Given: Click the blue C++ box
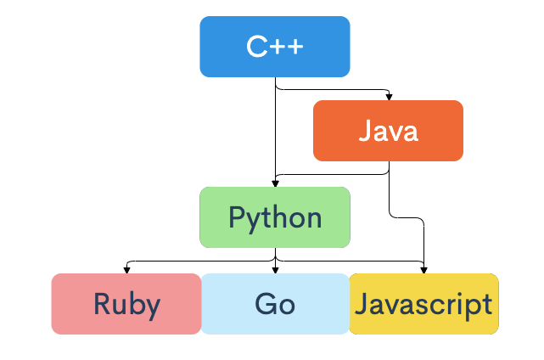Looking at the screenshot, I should pos(274,47).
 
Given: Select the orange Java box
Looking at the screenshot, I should pos(388,131).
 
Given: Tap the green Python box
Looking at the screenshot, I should pos(274,217).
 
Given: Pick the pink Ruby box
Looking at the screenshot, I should pos(126,304).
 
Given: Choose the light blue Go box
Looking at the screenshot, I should pos(274,304).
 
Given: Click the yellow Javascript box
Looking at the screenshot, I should pos(423,304).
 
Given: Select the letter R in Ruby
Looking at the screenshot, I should pos(102,304).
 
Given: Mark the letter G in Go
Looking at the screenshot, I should pos(265,304).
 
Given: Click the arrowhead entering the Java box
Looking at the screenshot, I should pos(389,97).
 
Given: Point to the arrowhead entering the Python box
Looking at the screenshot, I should pos(274,183).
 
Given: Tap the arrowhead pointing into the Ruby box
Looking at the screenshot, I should pos(126,270).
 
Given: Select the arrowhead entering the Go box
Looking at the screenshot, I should pos(274,270).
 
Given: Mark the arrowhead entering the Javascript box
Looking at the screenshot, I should pos(423,270).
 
